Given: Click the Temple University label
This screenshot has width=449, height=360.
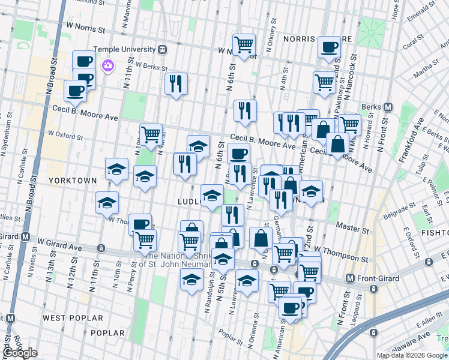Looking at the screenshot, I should pyautogui.click(x=122, y=49).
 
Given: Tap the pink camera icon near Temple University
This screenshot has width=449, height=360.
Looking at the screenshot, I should pyautogui.click(x=108, y=65).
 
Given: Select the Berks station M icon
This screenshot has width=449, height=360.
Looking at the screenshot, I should pyautogui.click(x=388, y=107).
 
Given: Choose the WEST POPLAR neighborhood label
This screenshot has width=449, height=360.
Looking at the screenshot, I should pyautogui.click(x=67, y=317).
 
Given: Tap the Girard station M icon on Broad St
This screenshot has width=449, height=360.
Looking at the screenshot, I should pyautogui.click(x=25, y=236).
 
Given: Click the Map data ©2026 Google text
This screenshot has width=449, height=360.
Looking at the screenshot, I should pyautogui.click(x=412, y=355).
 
